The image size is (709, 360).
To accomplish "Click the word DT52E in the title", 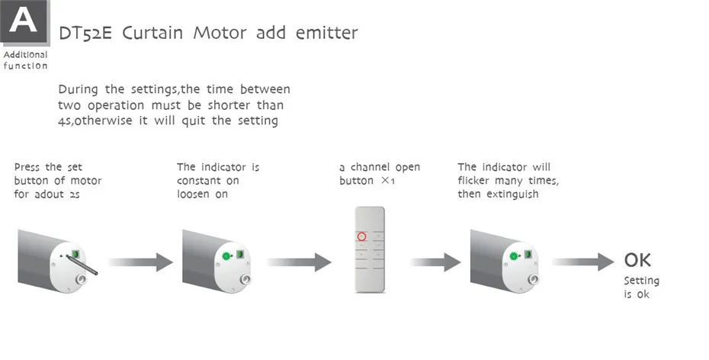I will coord(80,34).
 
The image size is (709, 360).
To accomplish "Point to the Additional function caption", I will coord(24,60).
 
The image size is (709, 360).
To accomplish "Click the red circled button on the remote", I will coord(362,236).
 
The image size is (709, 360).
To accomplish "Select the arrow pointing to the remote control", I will coord(298,263).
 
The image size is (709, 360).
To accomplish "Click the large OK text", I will coord(637,260).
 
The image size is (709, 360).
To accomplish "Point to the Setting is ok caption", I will coord(640,288).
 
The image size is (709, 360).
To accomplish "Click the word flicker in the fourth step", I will coord(476,181).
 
